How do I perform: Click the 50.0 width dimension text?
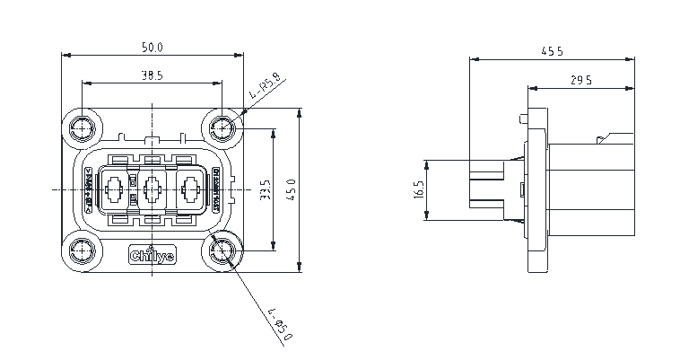coord(153,47)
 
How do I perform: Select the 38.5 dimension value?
coord(152,76)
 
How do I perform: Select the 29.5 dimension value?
coord(580,81)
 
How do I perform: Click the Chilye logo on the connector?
coord(152,254)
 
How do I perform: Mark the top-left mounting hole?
coord(83,128)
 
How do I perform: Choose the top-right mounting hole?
coord(222,128)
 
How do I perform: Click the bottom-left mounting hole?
coord(83,251)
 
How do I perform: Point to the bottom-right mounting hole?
coord(222,251)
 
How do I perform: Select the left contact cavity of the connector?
coord(115,190)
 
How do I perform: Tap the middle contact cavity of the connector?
coord(152,190)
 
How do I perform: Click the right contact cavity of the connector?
coord(189,190)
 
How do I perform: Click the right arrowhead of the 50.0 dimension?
coord(240,54)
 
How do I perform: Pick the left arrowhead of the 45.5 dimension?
coord(473,60)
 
